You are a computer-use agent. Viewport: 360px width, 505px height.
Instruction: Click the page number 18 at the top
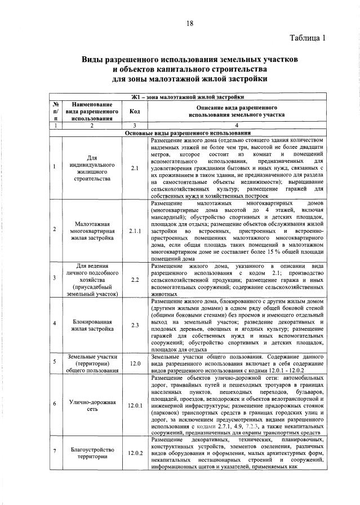[189, 23]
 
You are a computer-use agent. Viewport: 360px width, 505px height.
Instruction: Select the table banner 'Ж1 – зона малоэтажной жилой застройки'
[188, 97]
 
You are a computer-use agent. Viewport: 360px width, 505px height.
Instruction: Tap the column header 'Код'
[135, 112]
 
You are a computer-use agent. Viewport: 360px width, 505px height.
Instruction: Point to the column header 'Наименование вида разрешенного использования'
[92, 112]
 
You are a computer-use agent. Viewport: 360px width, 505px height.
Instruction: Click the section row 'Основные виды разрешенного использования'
[188, 133]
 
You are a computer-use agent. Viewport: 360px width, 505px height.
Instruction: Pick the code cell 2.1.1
[135, 231]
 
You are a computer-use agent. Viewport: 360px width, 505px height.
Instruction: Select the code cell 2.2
[135, 279]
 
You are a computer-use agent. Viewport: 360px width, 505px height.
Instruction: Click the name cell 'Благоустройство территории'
[92, 453]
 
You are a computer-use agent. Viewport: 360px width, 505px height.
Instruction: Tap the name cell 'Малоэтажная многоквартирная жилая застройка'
[92, 231]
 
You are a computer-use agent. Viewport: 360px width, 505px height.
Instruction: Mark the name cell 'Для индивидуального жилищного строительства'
[92, 167]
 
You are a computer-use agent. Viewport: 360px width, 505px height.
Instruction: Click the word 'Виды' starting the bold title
[94, 59]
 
